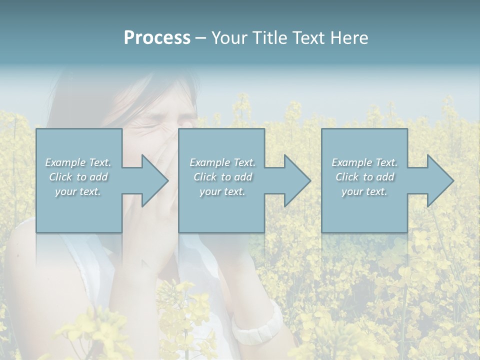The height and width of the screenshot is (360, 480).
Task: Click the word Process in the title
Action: tap(157, 38)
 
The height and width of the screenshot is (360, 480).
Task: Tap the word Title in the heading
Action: tap(266, 38)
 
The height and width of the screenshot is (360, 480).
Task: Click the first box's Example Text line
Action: tap(78, 162)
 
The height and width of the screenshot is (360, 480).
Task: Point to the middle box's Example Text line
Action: tap(222, 162)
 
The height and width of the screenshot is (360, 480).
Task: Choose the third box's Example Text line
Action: tap(364, 162)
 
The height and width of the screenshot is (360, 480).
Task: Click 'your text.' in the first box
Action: tap(78, 191)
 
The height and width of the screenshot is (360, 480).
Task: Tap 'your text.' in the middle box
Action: tap(222, 191)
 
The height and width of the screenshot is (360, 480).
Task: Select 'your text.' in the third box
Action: tap(364, 191)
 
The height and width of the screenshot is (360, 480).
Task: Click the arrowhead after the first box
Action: tap(153, 180)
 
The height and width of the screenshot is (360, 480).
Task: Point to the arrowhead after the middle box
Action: tap(295, 180)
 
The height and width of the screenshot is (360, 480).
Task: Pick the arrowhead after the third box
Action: tap(438, 180)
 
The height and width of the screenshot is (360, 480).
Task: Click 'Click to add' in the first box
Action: tap(78, 177)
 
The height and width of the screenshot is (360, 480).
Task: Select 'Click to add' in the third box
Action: tap(364, 177)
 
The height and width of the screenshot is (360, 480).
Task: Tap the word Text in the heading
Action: tap(305, 38)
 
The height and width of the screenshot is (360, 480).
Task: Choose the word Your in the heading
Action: tap(228, 38)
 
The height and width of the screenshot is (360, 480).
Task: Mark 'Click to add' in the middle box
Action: tap(222, 177)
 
